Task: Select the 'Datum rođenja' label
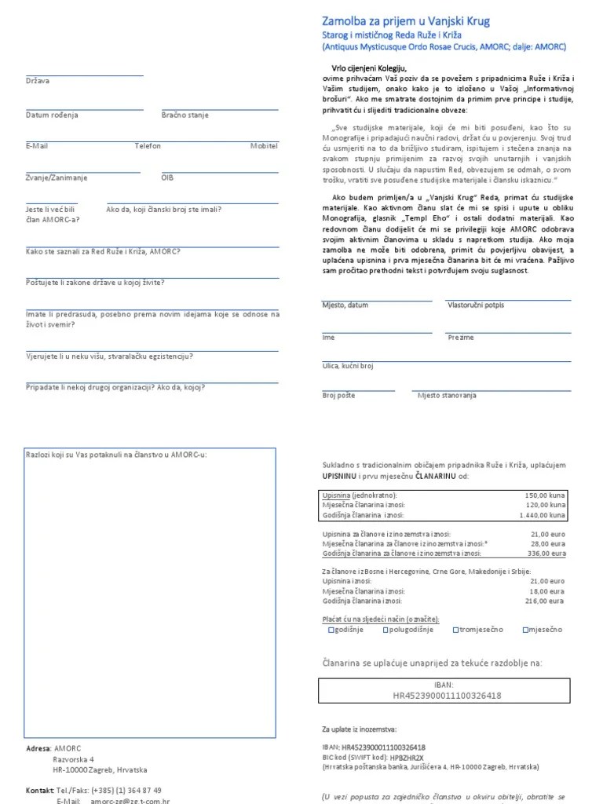click(52, 115)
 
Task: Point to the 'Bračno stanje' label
click(185, 115)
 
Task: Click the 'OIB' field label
click(167, 177)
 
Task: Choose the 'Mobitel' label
click(264, 146)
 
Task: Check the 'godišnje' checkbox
click(331, 630)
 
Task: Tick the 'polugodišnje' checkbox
click(386, 630)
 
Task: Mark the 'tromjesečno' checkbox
click(456, 630)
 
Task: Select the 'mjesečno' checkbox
click(526, 630)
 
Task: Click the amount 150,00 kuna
click(544, 495)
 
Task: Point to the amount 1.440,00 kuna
click(541, 516)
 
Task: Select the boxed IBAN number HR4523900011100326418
click(448, 696)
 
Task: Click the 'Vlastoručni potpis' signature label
click(476, 305)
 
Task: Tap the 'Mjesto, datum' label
click(345, 305)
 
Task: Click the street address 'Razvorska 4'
click(73, 759)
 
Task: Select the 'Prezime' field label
click(461, 338)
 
